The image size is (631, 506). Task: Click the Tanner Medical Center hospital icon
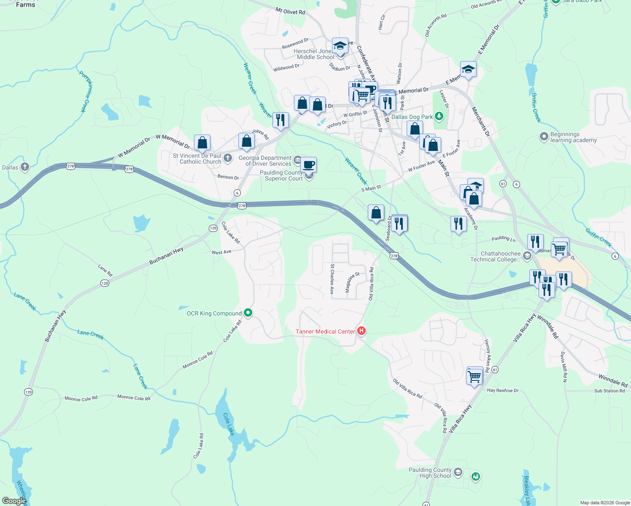(x=361, y=331)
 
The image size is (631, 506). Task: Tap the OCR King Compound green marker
(x=248, y=313)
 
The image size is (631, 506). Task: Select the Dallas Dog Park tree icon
(x=439, y=116)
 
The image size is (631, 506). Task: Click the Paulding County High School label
(x=430, y=473)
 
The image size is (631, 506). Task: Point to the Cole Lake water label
(x=228, y=424)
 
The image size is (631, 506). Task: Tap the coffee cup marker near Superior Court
(x=309, y=164)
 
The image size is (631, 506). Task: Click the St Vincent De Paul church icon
(x=228, y=158)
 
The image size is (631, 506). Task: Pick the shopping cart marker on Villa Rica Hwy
(x=475, y=375)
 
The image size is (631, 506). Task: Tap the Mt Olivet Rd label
(x=290, y=11)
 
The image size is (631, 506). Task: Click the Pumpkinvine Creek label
(x=85, y=91)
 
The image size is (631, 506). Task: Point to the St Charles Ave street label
(x=332, y=279)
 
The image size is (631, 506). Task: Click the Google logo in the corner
(x=14, y=501)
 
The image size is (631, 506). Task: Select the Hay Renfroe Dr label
(x=503, y=390)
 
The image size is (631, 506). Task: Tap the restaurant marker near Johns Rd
(x=280, y=119)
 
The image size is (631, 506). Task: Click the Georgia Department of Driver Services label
(x=265, y=161)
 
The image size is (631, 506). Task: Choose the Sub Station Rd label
(x=609, y=391)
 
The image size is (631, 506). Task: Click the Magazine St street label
(x=353, y=282)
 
